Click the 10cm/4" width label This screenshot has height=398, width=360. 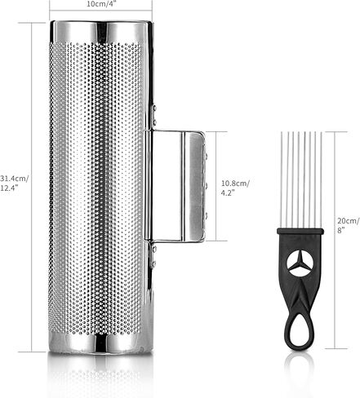pyautogui.click(x=100, y=4)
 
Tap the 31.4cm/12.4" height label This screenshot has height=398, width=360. pyautogui.click(x=14, y=184)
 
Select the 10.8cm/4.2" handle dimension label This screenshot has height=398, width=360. pyautogui.click(x=235, y=188)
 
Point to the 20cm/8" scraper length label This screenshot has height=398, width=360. pyautogui.click(x=349, y=225)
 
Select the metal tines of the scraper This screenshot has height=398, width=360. pyautogui.click(x=301, y=180)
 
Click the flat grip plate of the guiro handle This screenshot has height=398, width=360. pyautogui.click(x=193, y=187)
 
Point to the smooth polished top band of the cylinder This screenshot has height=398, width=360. pyautogui.click(x=101, y=31)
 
